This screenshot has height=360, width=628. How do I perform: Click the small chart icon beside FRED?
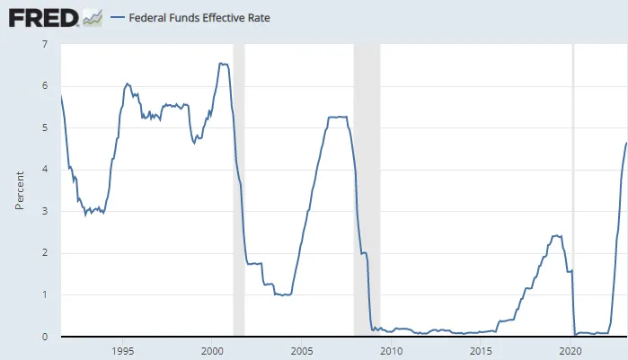click(92, 17)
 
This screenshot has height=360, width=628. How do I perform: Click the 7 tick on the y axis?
click(45, 43)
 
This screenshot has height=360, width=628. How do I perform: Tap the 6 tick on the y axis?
click(45, 85)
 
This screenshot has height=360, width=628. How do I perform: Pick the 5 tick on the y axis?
click(45, 127)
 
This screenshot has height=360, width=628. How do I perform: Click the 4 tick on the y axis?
click(45, 169)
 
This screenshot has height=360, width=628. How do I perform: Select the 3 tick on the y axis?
click(45, 211)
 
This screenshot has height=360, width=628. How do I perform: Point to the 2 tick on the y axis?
click(45, 253)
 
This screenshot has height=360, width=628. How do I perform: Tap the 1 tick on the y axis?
click(45, 294)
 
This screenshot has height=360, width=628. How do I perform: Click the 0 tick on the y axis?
click(45, 337)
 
